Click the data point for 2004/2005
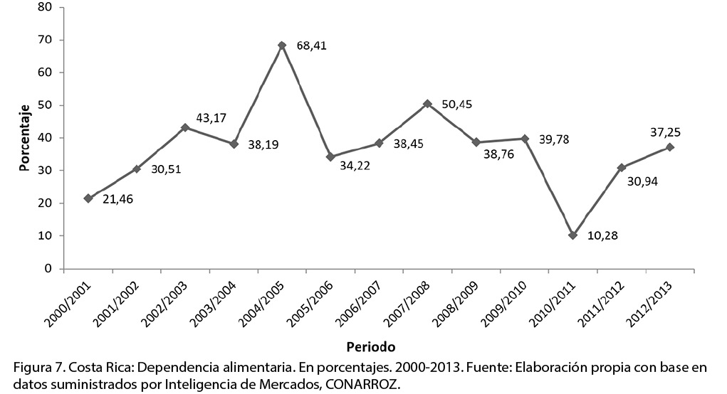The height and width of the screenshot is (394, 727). pos(282,46)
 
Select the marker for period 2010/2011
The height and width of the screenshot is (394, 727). pos(572,235)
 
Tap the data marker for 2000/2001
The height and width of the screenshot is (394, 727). pos(88,198)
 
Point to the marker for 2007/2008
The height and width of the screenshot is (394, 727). pos(427,104)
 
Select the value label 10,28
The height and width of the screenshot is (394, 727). pos(602,235)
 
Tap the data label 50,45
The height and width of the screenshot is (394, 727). pos(457,104)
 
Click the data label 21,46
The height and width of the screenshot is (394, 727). pos(118,198)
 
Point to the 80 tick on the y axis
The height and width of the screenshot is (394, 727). pos(46,7)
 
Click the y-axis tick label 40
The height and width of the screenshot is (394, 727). pos(46,138)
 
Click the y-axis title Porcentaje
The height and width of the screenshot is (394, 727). pos(26,138)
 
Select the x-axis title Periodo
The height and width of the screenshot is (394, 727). pos(370,347)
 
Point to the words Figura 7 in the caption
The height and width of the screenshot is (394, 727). pos(38,368)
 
